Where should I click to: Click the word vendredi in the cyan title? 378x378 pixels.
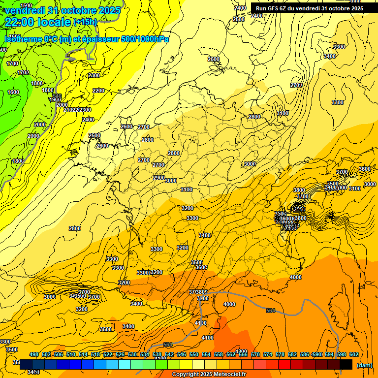coord(24,10)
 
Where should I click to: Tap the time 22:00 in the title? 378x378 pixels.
coord(21,22)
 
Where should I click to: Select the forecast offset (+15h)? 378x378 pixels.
coord(85,22)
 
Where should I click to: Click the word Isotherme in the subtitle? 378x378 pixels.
coord(23,39)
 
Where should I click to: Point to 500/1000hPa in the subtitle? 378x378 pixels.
coord(145,39)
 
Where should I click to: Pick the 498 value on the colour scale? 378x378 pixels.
coord(34,354)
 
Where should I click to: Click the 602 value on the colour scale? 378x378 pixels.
coord(354,354)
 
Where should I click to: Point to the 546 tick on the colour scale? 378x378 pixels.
coord(182,354)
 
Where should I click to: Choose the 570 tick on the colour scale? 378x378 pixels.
coord(255,354)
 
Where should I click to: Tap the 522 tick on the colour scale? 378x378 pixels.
coord(108,354)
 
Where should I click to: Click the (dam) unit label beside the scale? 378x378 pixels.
coord(364,365)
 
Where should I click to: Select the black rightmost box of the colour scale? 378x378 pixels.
coord(346,364)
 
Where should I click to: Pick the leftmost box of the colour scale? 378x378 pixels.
coord(26,364)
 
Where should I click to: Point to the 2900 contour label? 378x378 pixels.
coord(158,178)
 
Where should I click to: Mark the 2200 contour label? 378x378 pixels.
coord(98,91)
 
